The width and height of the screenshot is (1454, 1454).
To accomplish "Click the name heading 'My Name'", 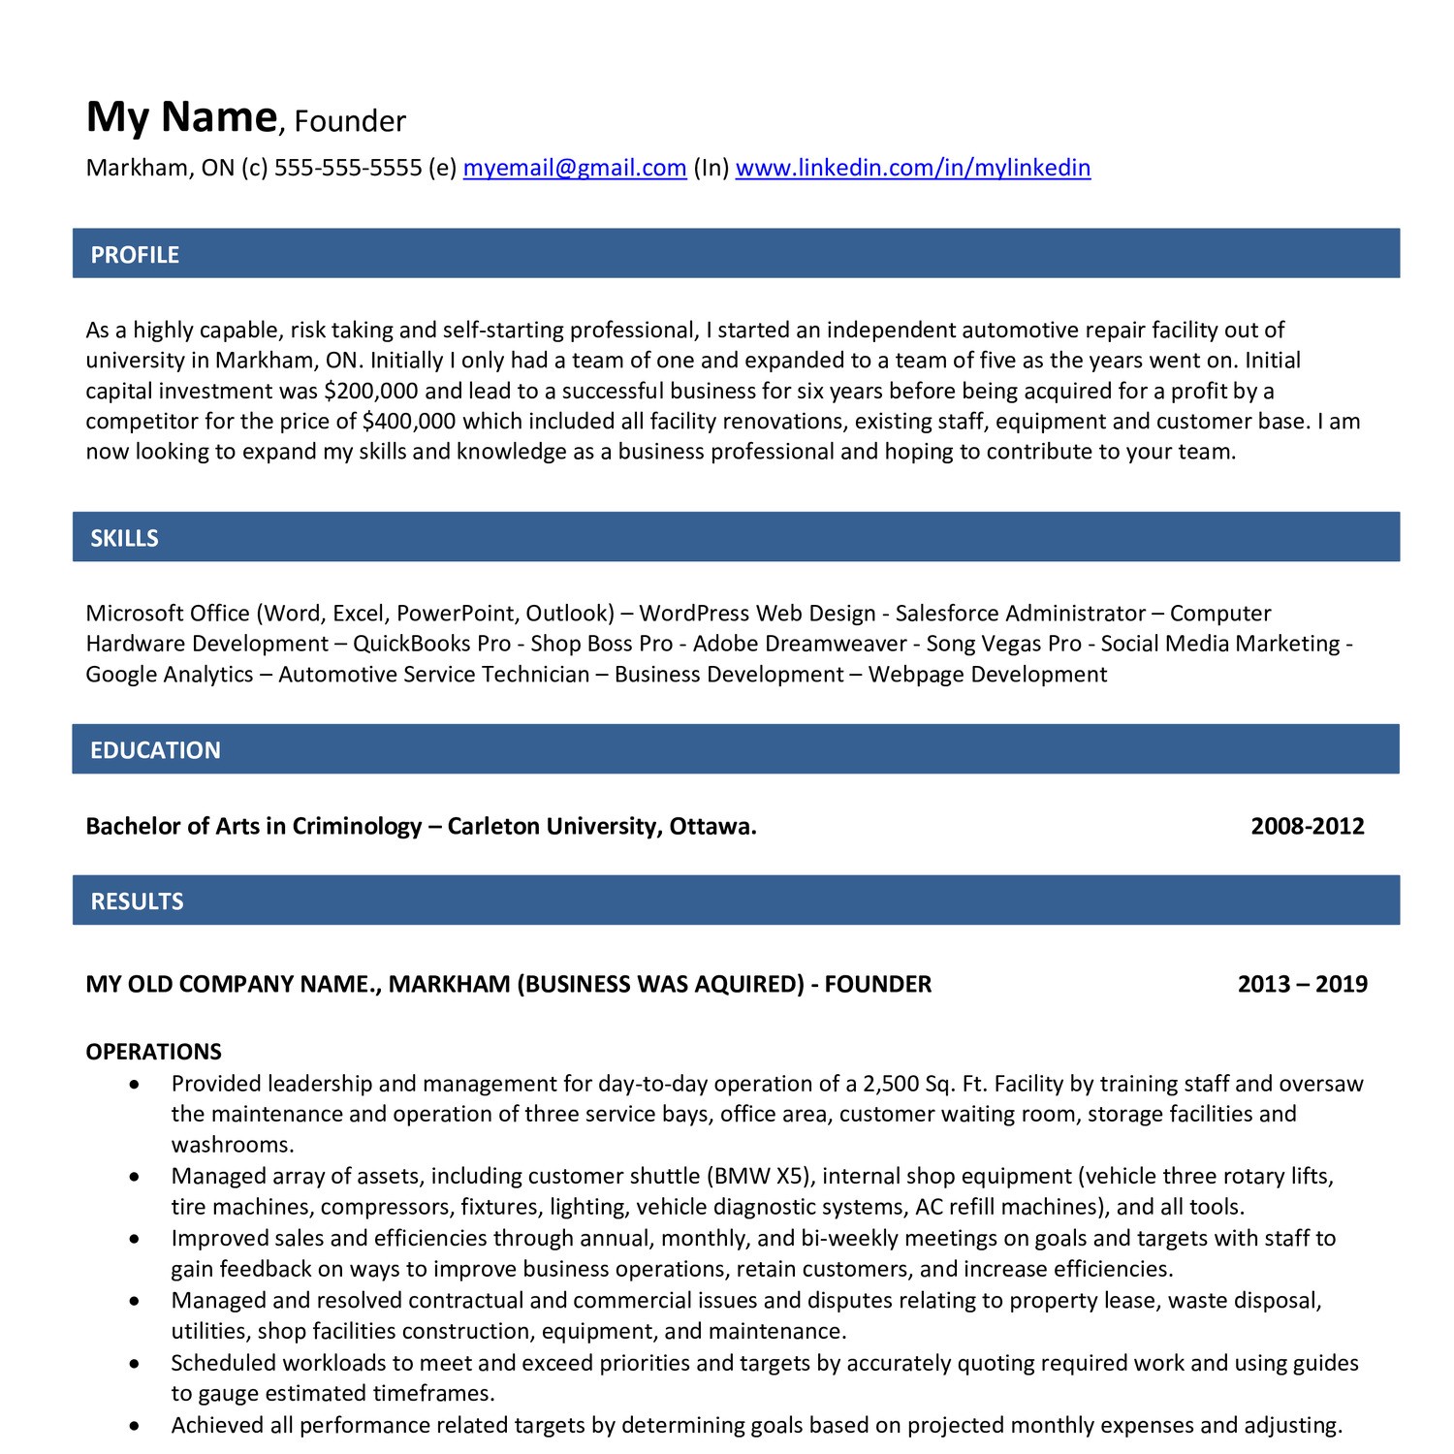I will tap(181, 117).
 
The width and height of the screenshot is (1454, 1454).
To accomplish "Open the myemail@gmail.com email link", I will tap(575, 168).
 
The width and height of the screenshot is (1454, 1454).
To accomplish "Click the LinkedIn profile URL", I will tap(912, 168).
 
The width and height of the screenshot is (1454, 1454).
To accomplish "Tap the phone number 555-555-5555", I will tap(348, 168).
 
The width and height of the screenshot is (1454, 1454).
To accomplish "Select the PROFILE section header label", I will tap(135, 255).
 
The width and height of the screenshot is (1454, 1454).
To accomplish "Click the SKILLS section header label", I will tap(124, 538).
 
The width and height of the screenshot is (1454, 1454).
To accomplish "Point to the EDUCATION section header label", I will tap(155, 750).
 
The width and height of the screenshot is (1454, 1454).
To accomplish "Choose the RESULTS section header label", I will tap(137, 901).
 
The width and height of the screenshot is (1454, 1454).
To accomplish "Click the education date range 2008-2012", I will tap(1307, 826).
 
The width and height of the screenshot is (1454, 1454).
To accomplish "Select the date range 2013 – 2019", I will tap(1302, 984).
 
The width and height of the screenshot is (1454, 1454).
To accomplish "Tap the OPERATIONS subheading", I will tap(153, 1052).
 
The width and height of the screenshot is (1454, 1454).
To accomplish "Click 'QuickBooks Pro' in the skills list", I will tap(431, 644).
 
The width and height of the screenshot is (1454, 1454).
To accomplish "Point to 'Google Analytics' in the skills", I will tap(170, 674).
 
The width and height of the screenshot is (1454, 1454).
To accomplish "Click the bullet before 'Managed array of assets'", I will tap(135, 1177).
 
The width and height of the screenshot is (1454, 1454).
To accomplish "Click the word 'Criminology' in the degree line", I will tap(357, 826).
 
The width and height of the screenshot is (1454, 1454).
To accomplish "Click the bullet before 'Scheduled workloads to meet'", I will tap(135, 1364).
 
